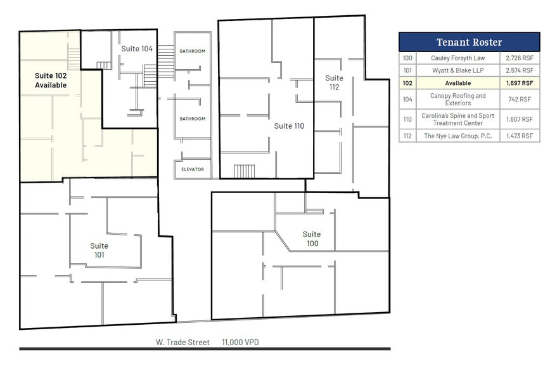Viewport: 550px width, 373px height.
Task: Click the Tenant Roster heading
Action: [x=469, y=43]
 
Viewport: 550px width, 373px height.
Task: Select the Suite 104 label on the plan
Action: [x=137, y=49]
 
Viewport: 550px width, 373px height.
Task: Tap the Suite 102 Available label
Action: [x=51, y=80]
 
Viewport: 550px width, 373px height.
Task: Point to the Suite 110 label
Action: [x=289, y=126]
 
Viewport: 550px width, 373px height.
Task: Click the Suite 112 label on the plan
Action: [x=334, y=82]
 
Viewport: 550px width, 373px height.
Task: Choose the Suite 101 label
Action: [x=99, y=250]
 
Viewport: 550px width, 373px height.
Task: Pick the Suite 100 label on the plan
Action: [x=311, y=239]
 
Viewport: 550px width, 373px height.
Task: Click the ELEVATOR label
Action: [x=192, y=169]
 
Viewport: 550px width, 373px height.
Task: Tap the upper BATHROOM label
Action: [x=192, y=51]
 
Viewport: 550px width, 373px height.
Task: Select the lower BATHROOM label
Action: [x=192, y=119]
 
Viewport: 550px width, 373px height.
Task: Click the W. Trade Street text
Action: [x=183, y=343]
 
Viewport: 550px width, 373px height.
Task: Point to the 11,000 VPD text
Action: [x=240, y=343]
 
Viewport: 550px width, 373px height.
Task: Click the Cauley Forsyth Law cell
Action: [x=457, y=58]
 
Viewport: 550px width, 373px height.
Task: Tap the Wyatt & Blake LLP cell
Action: [x=457, y=70]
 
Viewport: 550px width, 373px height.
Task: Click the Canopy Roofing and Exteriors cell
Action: [x=457, y=100]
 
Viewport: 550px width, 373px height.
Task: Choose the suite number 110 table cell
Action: [x=407, y=119]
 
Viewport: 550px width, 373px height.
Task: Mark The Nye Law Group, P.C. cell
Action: [x=457, y=136]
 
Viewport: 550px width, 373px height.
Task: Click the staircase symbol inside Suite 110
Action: [x=244, y=171]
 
